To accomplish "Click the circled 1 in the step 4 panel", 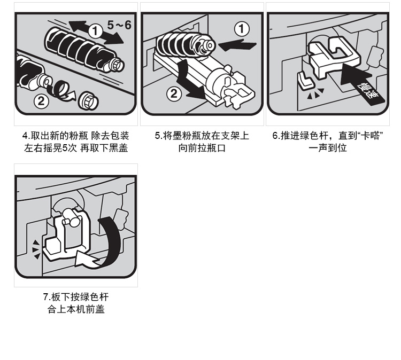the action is click(x=95, y=31).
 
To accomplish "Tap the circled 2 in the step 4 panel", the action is click(x=41, y=101).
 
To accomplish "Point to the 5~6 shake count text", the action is click(x=119, y=25).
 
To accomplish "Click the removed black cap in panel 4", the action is click(x=88, y=100).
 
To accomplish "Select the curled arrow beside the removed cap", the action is click(x=61, y=91).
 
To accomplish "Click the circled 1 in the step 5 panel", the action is click(x=242, y=29).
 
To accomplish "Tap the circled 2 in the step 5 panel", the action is click(x=174, y=93).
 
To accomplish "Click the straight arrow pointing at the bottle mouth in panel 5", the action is click(x=237, y=45).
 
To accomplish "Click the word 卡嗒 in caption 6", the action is click(x=369, y=136).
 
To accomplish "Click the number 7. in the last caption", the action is click(x=47, y=297).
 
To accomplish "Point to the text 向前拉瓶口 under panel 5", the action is click(x=202, y=148).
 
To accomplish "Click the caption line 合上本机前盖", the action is click(x=76, y=309).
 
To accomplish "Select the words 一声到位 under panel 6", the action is click(x=328, y=148).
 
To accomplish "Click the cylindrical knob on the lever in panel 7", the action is click(x=71, y=217).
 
